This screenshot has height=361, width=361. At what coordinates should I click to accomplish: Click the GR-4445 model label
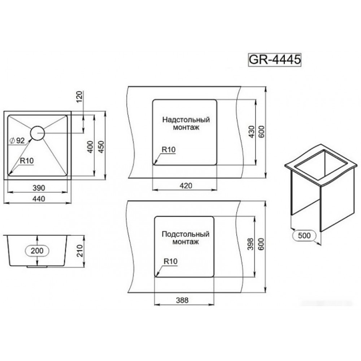click(x=274, y=60)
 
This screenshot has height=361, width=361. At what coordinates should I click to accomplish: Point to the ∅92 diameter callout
click(x=17, y=140)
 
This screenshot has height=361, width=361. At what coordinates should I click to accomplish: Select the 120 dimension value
click(x=79, y=97)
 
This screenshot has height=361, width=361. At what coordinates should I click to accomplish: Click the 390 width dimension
click(x=39, y=188)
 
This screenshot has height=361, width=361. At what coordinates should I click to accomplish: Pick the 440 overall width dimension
click(x=39, y=199)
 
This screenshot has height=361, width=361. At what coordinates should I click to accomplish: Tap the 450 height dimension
click(x=101, y=147)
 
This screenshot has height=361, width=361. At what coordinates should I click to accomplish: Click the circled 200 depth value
click(x=37, y=251)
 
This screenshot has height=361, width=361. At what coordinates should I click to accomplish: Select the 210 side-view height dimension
click(x=79, y=251)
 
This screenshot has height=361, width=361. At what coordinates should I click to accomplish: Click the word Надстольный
click(x=186, y=120)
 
